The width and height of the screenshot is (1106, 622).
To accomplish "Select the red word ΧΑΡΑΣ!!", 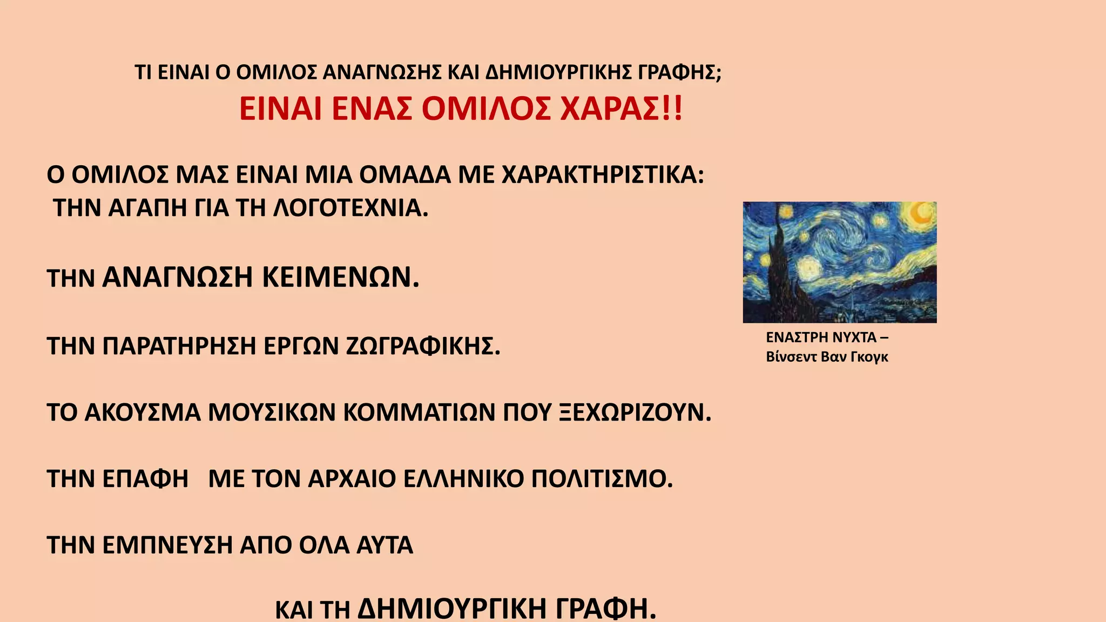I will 621,109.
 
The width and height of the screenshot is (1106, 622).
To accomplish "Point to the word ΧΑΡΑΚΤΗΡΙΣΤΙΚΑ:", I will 603,175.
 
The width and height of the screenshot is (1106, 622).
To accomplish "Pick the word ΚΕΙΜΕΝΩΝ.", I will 341,278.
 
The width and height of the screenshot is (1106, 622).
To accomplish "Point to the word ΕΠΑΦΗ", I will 145,479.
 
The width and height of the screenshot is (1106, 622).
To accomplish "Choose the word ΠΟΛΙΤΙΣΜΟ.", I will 602,479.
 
